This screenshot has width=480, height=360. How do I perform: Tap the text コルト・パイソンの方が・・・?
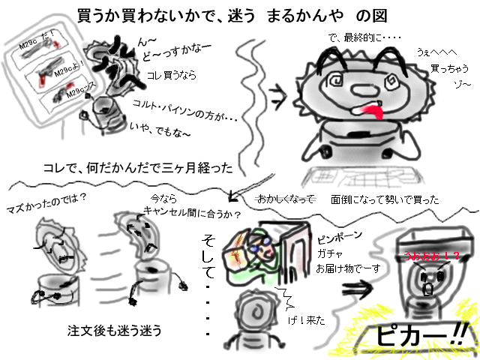[x=184, y=109]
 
